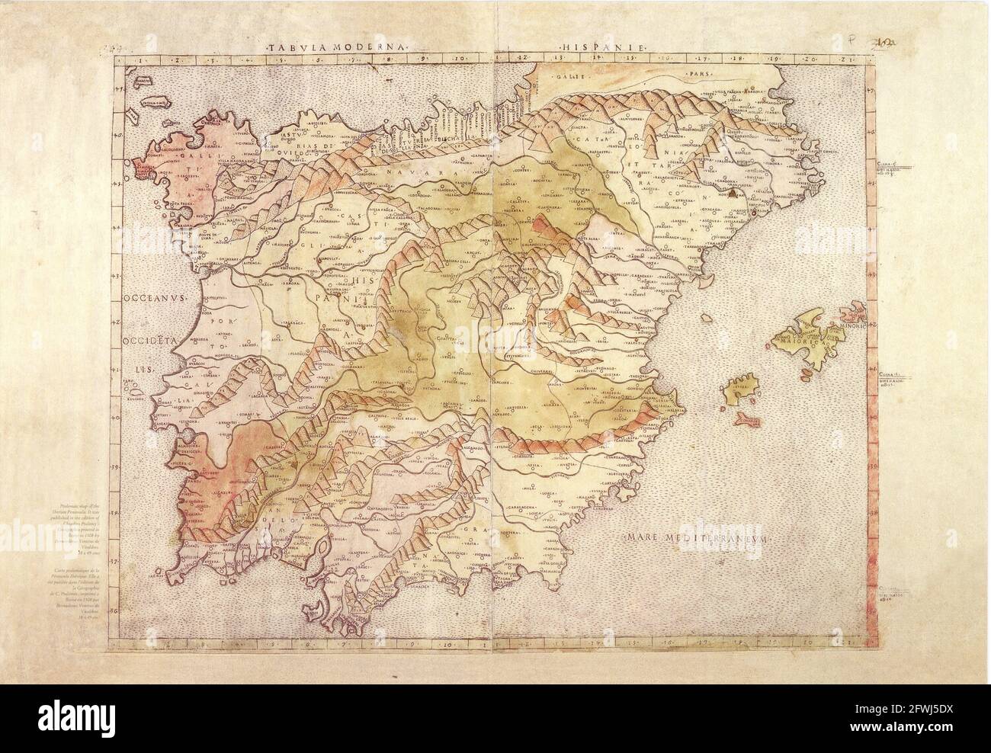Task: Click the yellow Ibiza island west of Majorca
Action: pos(737,393)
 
